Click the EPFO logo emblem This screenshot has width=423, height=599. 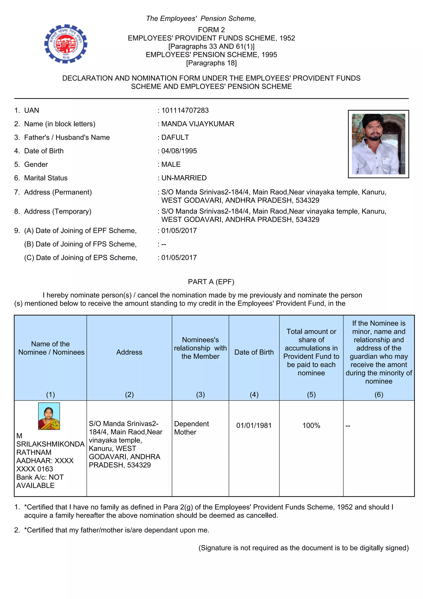(x=66, y=44)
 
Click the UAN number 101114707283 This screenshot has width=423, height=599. (x=185, y=110)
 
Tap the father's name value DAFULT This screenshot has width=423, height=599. (x=175, y=137)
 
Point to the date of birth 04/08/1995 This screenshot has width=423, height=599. (x=179, y=151)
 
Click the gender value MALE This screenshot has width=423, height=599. (x=171, y=164)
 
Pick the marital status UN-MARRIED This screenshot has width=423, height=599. (x=184, y=178)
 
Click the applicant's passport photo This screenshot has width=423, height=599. (x=378, y=144)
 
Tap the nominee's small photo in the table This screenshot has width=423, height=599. (x=49, y=416)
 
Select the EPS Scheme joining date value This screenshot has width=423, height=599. (x=179, y=258)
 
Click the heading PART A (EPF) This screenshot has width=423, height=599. (x=211, y=282)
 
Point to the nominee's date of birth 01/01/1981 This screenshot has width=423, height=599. (x=254, y=426)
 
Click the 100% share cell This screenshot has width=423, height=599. (x=311, y=426)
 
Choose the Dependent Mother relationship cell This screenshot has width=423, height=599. (x=191, y=428)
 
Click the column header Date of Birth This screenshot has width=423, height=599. (x=254, y=352)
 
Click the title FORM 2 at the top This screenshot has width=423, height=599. (x=211, y=30)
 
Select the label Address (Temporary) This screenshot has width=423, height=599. (x=58, y=211)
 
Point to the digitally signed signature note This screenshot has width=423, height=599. (x=303, y=548)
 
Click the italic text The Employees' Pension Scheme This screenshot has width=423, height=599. (x=201, y=19)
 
